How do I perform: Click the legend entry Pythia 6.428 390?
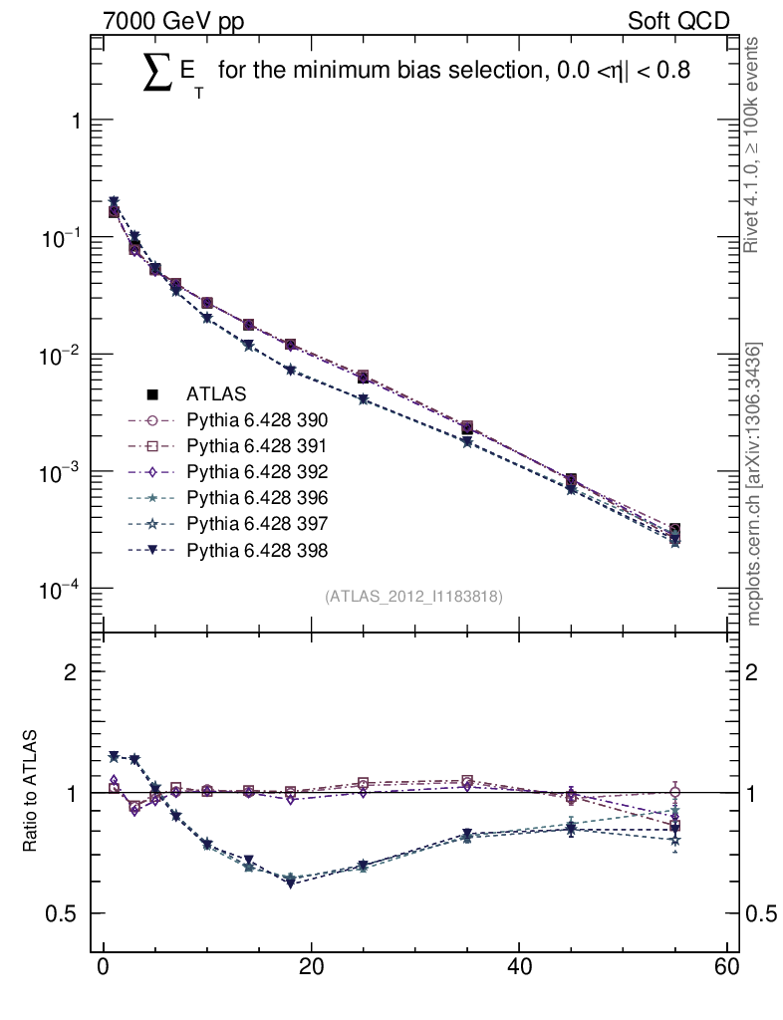click(257, 420)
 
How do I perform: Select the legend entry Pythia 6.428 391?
click(257, 446)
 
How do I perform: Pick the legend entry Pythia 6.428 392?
click(257, 471)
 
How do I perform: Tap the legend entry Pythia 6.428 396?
click(257, 497)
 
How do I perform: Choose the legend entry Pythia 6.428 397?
click(257, 523)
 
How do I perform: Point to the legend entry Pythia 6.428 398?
click(257, 549)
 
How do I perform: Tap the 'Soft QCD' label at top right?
click(678, 21)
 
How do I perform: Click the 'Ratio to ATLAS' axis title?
click(31, 793)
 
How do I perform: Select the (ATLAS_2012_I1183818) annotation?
click(413, 597)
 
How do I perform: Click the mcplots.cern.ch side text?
click(754, 484)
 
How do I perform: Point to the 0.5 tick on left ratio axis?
click(63, 914)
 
